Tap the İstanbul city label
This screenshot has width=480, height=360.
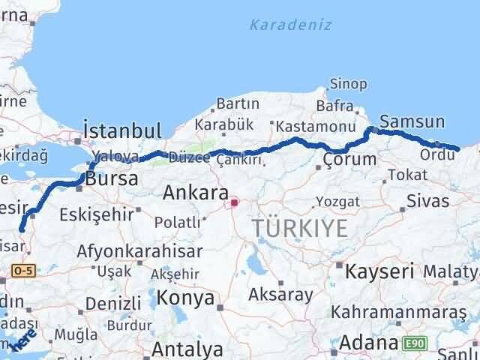[x=123, y=130]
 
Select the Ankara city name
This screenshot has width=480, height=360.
[x=190, y=193]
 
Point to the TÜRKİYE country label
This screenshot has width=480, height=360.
[x=300, y=228]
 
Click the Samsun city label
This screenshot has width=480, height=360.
[x=412, y=121]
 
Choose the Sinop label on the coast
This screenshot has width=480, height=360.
[x=349, y=83]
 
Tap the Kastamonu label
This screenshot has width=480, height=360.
[x=315, y=127]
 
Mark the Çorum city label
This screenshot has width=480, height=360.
[x=350, y=159]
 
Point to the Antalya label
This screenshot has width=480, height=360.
[x=187, y=349]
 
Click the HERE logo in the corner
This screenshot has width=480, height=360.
[x=21, y=341]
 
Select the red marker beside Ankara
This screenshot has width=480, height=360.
[x=233, y=202]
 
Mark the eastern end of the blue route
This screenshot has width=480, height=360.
[x=458, y=149]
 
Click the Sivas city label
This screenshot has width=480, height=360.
[x=427, y=200]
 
